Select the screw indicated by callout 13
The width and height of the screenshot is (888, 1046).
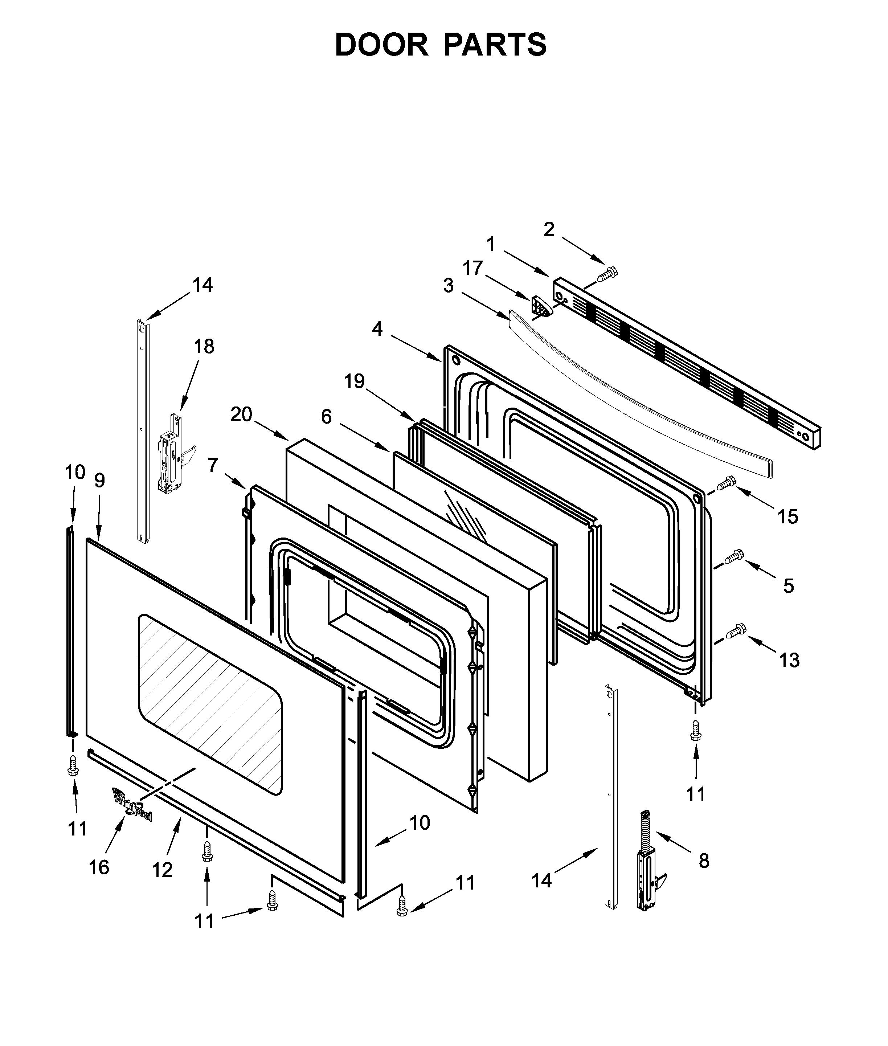point(736,630)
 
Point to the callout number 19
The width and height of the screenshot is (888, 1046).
point(355,381)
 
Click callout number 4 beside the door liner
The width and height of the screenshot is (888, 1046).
point(377,329)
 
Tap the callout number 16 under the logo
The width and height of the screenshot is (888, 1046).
point(99,867)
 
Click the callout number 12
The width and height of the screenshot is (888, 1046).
point(162,870)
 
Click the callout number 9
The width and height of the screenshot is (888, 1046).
point(100,481)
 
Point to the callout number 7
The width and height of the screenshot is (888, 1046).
point(213,465)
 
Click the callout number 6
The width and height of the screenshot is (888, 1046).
point(326,417)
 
